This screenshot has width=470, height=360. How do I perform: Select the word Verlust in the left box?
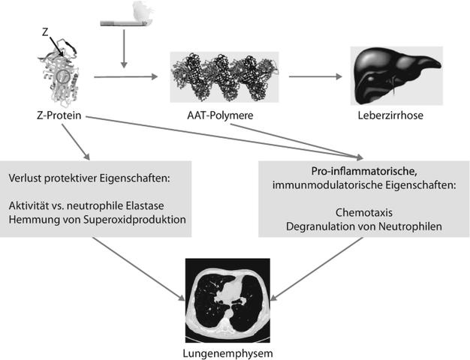click(28, 180)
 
